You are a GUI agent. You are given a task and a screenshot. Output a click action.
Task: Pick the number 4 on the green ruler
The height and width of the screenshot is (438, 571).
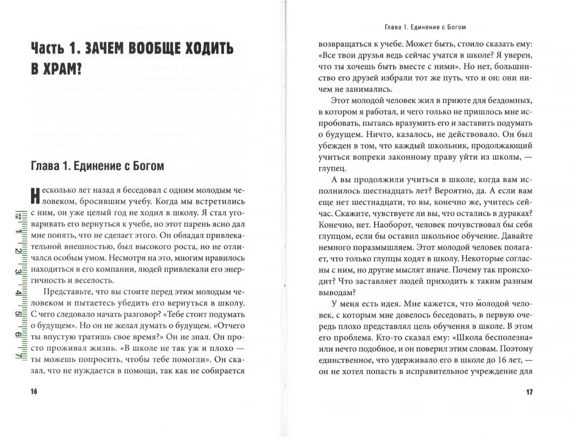(18, 293)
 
